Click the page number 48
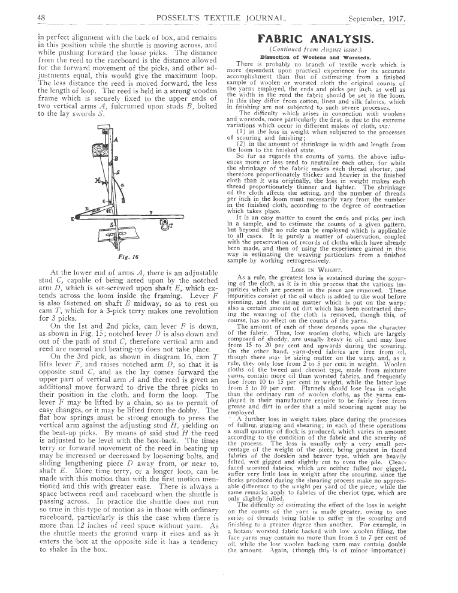click(41, 18)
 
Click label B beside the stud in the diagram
click(116, 158)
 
